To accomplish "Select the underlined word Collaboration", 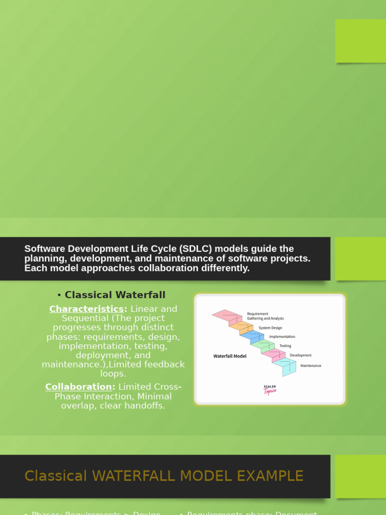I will [78, 387].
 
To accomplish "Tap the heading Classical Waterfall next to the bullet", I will [115, 295].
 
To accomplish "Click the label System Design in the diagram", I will [270, 328].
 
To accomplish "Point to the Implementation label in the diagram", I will [282, 336].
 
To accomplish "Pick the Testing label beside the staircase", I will [285, 346].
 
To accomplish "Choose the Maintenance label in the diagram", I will [311, 366].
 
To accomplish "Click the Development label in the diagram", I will [301, 355].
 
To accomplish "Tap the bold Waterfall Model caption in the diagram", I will [230, 356].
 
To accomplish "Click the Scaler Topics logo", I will [270, 390].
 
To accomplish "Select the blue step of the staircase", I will [251, 335].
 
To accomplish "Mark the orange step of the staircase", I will [240, 326].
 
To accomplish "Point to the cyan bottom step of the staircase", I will [284, 366].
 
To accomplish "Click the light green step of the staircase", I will [262, 345].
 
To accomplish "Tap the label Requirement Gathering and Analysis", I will [265, 316].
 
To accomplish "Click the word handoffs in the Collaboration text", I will [146, 405].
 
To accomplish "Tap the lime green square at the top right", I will [360, 41].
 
